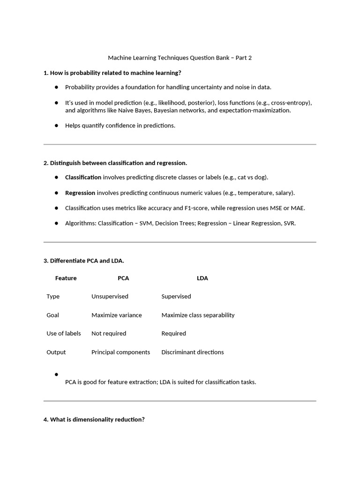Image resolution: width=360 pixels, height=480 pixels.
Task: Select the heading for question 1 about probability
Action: [112, 73]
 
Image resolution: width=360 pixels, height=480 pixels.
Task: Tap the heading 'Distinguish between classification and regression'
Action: [115, 163]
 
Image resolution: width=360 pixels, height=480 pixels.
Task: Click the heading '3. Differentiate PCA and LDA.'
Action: [83, 260]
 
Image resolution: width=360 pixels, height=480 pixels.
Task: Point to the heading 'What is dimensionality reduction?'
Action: [94, 420]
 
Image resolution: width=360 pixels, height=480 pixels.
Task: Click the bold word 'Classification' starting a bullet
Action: [83, 177]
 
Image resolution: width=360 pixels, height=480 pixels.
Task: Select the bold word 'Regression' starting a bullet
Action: [80, 193]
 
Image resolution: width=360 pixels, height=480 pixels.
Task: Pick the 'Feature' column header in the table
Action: [66, 278]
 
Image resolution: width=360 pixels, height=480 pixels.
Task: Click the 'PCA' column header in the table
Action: [123, 278]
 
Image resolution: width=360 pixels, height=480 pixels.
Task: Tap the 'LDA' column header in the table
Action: [202, 278]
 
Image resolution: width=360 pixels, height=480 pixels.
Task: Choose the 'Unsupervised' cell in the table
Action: [110, 296]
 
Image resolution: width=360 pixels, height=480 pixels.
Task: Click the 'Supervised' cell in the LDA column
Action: [176, 296]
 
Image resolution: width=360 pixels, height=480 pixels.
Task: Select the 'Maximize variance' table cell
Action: [116, 315]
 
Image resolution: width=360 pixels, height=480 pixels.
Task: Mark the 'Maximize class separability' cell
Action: [198, 315]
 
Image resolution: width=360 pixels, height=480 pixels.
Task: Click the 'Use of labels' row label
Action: [64, 333]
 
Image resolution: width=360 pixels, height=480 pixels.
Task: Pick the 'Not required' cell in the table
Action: [109, 333]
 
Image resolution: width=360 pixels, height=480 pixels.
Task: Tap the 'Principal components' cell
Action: [120, 352]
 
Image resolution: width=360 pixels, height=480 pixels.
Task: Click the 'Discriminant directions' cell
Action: [193, 352]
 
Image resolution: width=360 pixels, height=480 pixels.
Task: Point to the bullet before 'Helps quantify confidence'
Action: [56, 125]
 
